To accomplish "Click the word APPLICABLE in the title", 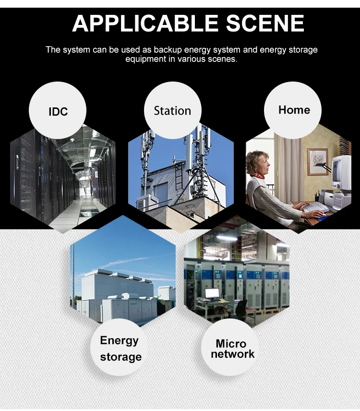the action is (137, 23).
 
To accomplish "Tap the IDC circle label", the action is (58, 112).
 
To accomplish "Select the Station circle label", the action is (172, 111).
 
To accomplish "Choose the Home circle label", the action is (294, 110).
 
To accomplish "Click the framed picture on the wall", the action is (317, 161).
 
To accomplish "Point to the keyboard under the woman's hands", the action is (315, 207).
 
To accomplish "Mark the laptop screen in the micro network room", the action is (212, 293).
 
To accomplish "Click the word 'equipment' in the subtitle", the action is (144, 59).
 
